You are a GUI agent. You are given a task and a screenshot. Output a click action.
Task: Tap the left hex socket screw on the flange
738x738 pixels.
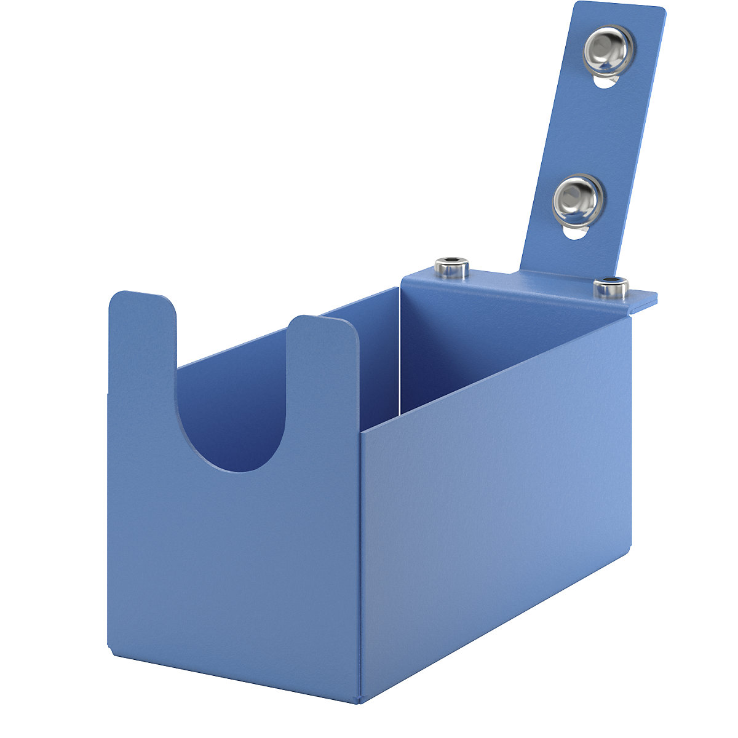(x=451, y=268)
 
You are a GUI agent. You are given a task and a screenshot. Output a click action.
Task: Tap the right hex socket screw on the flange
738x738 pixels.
(x=610, y=286)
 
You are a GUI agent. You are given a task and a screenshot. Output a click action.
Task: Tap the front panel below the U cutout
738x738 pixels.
(x=234, y=553)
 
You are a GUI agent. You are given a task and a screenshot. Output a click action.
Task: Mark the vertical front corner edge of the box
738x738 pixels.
(x=360, y=553)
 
